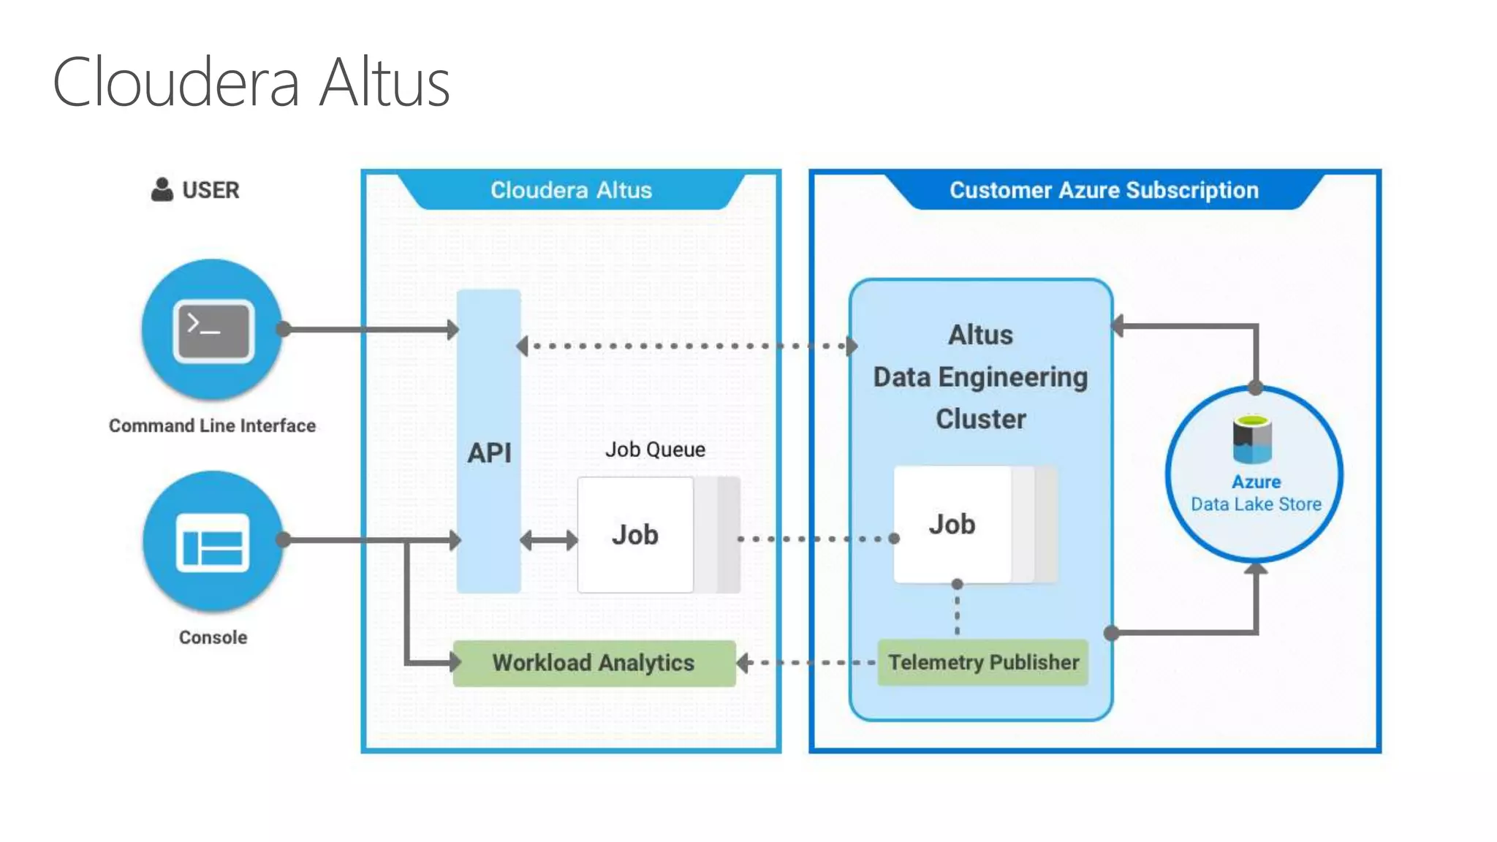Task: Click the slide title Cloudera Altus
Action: pos(251,83)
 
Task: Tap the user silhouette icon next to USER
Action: pos(162,189)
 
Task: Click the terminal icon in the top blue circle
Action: pos(213,330)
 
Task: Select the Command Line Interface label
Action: pos(212,425)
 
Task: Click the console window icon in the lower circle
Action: pos(213,542)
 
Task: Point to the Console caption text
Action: pos(213,637)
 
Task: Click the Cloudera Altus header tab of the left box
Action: pos(571,190)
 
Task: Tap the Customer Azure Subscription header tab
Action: pos(1104,190)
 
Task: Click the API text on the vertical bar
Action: pos(489,453)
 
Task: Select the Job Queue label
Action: pos(655,450)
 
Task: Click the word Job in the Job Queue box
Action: pos(634,535)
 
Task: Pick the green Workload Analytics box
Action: pos(594,663)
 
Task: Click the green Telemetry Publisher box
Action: pos(982,663)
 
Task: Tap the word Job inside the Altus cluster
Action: pos(952,525)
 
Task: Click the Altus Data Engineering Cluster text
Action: pos(980,377)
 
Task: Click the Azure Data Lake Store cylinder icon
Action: pos(1252,439)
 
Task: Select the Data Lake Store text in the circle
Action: pos(1256,504)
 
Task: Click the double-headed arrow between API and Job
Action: pos(549,541)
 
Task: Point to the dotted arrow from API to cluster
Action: pos(687,346)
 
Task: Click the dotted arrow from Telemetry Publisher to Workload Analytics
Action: pos(808,663)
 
